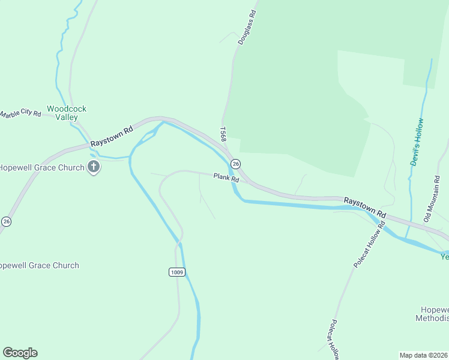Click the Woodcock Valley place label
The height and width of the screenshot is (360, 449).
coord(67,113)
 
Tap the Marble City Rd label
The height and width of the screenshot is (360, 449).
coord(20,113)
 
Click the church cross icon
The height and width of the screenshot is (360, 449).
coord(93,167)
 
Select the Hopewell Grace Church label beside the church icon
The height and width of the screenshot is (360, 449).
coord(42,167)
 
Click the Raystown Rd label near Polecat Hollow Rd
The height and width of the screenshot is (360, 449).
coord(364,206)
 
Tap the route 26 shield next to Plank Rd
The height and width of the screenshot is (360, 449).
coord(236,164)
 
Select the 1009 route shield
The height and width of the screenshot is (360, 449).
coord(176,272)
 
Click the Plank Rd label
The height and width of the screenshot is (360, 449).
coord(226,178)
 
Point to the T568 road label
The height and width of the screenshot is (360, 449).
coord(223,133)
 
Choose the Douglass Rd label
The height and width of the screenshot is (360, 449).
coord(246,28)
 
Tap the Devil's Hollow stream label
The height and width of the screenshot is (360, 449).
coord(417,142)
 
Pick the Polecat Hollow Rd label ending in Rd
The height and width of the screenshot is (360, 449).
coord(369,244)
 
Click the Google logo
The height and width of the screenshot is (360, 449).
coord(20,353)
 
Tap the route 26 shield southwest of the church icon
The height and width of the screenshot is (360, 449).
coord(6,221)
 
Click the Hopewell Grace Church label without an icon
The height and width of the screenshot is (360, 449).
coord(40,265)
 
